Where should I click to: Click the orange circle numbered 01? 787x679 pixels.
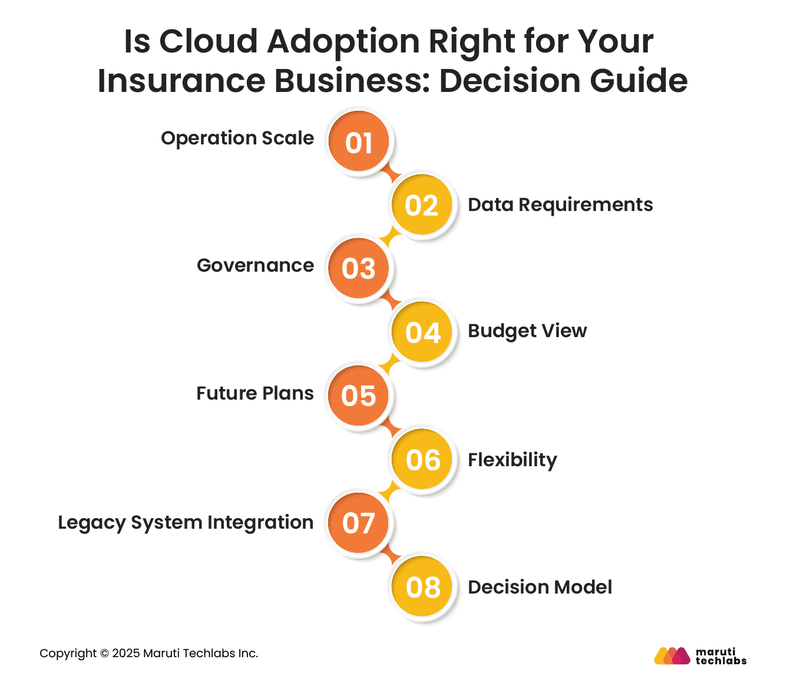click(x=359, y=142)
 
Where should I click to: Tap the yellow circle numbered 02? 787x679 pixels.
click(x=422, y=205)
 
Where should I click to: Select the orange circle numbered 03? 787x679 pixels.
click(x=359, y=269)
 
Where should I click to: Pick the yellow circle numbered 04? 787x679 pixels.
click(x=422, y=332)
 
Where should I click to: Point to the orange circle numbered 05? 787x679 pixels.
click(x=359, y=395)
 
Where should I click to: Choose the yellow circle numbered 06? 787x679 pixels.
click(x=422, y=460)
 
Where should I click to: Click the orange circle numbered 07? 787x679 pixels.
click(x=359, y=523)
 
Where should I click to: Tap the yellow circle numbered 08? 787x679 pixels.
click(x=422, y=587)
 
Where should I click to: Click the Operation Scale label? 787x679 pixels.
click(x=237, y=138)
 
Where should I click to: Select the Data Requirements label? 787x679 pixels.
click(x=560, y=205)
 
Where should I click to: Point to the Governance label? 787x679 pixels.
click(x=255, y=265)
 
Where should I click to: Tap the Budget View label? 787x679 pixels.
click(x=527, y=331)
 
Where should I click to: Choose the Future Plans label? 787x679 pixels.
click(x=254, y=393)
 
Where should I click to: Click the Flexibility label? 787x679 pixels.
click(x=512, y=460)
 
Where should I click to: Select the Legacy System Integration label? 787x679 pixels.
click(x=185, y=522)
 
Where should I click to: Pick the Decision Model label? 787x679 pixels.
click(x=540, y=587)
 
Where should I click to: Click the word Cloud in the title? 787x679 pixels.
click(x=209, y=41)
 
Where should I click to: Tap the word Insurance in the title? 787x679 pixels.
click(x=180, y=81)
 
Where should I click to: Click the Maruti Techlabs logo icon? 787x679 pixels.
click(x=672, y=656)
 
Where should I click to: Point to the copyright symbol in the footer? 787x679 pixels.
click(x=104, y=654)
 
